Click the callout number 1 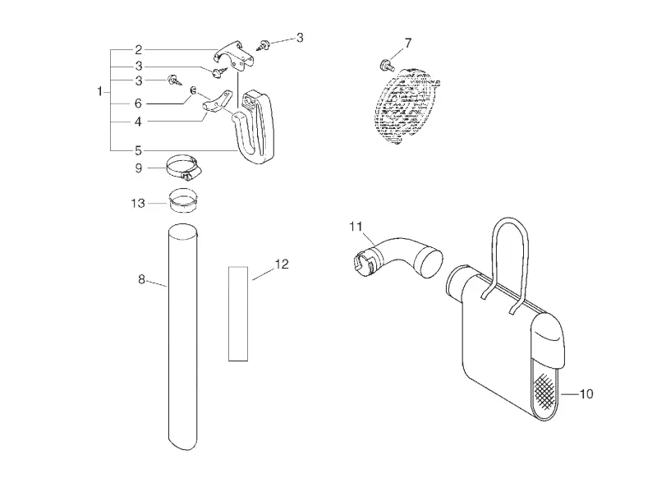click(99, 91)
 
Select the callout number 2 click(139, 50)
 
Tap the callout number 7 click(408, 43)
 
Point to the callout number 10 click(586, 394)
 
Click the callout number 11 click(356, 227)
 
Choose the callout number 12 click(282, 264)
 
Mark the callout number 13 click(138, 203)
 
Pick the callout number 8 click(141, 278)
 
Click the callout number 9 click(139, 168)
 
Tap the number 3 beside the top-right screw click(300, 38)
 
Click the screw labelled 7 click(387, 66)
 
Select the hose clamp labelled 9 click(183, 168)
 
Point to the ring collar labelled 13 click(183, 200)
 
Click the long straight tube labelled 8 click(182, 337)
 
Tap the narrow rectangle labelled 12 click(238, 314)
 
